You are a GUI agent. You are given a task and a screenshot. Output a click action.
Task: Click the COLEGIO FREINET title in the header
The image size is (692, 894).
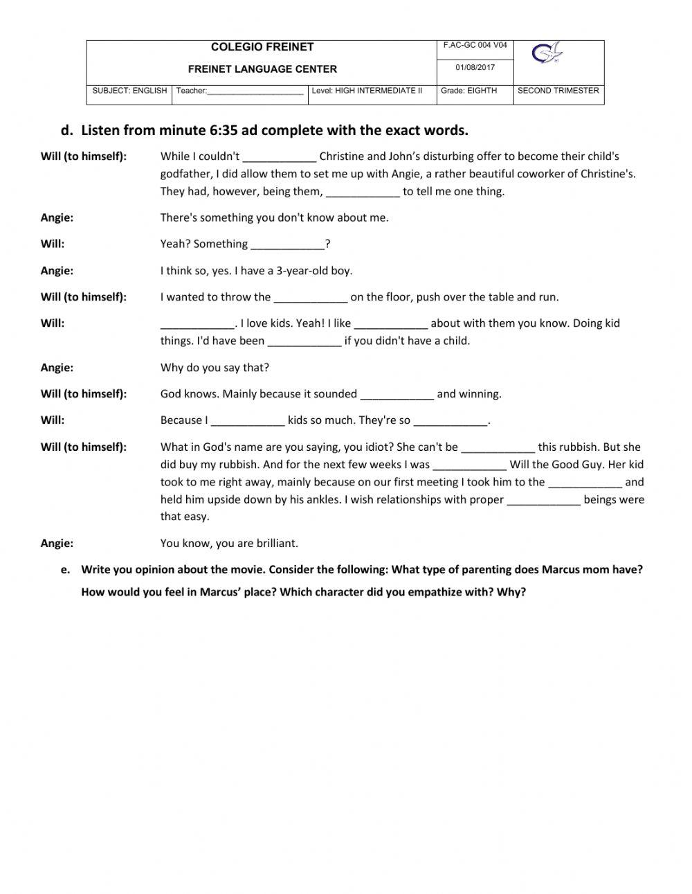click(262, 47)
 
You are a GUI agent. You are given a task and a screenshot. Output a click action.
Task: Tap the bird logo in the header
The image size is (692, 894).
click(547, 53)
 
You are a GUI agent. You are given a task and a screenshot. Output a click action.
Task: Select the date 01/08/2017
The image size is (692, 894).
click(475, 68)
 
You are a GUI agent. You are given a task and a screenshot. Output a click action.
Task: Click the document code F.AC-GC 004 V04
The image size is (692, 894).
click(475, 46)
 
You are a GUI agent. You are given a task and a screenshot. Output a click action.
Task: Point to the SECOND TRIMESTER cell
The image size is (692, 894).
click(558, 91)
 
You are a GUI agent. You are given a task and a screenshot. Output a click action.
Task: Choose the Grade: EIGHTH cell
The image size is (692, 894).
click(468, 91)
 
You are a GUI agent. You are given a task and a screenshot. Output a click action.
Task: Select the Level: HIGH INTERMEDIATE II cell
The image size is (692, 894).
click(367, 91)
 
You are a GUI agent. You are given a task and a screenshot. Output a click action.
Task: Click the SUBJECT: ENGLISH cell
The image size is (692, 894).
click(129, 91)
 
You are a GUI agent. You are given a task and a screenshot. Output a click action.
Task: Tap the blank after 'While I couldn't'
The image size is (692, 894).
click(280, 158)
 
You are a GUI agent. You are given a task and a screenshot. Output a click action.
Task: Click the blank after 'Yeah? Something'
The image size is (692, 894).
click(288, 245)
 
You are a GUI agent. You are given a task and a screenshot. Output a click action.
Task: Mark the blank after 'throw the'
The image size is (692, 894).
click(311, 298)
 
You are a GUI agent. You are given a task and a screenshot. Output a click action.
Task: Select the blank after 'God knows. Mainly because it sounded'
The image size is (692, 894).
click(397, 395)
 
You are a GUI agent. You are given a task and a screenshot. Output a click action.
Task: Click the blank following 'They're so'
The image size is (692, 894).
click(450, 422)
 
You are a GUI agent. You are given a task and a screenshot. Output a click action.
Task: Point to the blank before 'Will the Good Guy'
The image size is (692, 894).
click(469, 466)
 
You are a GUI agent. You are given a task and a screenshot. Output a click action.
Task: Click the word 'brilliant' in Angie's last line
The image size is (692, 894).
click(275, 544)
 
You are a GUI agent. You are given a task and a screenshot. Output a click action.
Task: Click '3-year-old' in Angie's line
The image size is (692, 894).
click(301, 271)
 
